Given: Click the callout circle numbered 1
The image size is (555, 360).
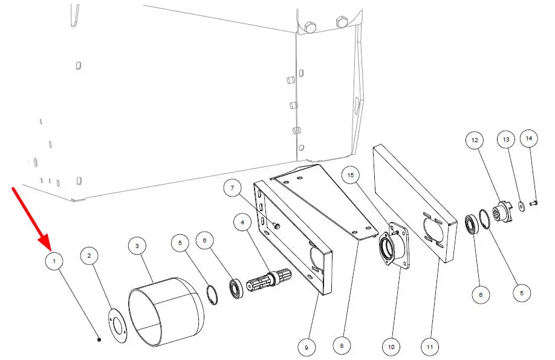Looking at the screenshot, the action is click(x=54, y=261).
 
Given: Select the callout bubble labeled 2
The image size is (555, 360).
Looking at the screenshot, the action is click(x=89, y=256).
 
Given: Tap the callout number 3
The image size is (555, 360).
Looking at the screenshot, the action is click(x=137, y=246).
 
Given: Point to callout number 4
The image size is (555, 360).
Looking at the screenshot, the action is click(x=242, y=223).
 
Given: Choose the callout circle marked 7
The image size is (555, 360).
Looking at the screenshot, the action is click(x=233, y=188).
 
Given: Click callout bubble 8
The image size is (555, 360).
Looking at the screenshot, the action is click(x=342, y=345).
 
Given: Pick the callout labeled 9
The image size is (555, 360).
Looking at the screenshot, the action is click(x=307, y=348).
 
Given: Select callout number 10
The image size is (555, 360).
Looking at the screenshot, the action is click(x=391, y=347).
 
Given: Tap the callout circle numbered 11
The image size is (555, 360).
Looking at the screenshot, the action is click(x=430, y=347).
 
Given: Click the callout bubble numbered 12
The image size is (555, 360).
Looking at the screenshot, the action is click(x=475, y=140).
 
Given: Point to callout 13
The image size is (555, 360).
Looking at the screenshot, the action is click(x=506, y=140).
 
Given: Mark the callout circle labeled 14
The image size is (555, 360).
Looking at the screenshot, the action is click(x=529, y=139).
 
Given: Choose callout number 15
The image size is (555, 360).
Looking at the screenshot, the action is click(x=351, y=175).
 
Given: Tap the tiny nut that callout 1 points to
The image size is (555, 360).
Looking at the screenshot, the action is click(x=99, y=339).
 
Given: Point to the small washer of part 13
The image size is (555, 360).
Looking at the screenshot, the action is click(x=522, y=206).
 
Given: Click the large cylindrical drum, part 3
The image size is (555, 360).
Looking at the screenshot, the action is click(x=166, y=312).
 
